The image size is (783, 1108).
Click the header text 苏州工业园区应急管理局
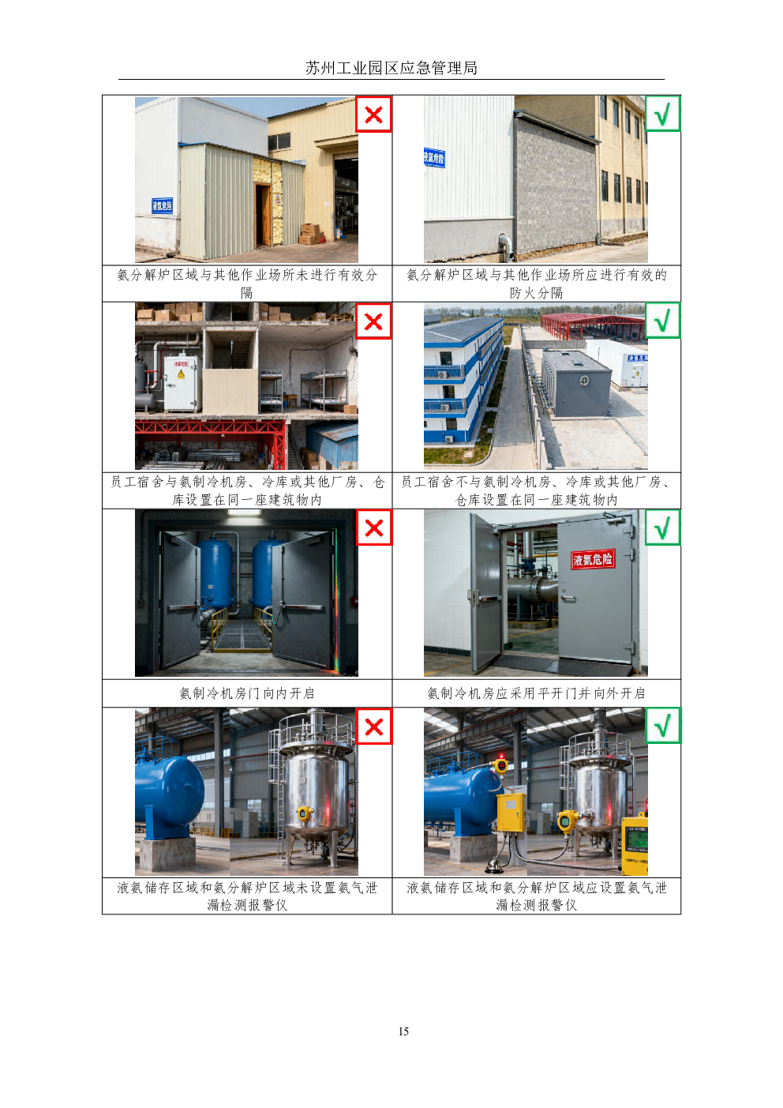[x=391, y=68]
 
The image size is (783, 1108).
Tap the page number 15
[x=403, y=1031]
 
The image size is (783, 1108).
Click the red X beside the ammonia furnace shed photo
[x=373, y=115]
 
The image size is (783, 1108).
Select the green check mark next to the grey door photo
[x=662, y=528]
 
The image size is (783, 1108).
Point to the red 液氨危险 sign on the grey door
[x=593, y=559]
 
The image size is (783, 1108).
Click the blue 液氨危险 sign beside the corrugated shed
[x=162, y=205]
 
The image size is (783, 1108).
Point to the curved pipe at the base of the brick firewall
[x=506, y=247]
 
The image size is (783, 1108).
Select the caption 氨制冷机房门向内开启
[x=247, y=693]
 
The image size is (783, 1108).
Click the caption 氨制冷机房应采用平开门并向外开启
[x=536, y=693]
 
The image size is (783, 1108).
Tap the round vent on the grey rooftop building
[x=584, y=381]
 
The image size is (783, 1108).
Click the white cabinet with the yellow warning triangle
[x=181, y=382]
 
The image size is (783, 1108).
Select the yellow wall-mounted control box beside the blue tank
[x=511, y=812]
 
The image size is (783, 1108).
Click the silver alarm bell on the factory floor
[x=493, y=865]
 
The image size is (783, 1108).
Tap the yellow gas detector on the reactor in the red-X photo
[x=304, y=813]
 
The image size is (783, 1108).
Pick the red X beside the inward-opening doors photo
[x=374, y=528]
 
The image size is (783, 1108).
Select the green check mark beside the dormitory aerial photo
[x=662, y=321]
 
